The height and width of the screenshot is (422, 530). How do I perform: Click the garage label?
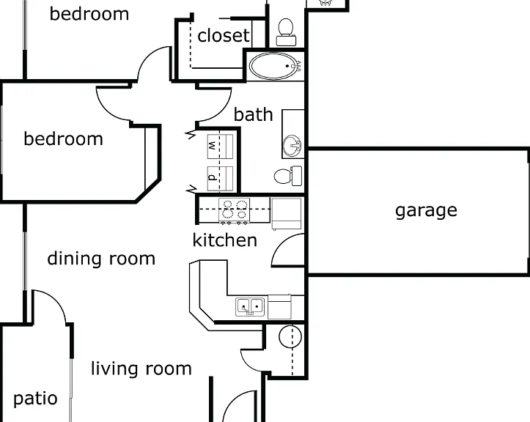pyautogui.click(x=426, y=210)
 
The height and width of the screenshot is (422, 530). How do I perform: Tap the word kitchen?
pyautogui.click(x=225, y=240)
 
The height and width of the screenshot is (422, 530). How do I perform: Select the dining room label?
pyautogui.click(x=101, y=259)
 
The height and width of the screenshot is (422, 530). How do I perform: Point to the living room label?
pyautogui.click(x=141, y=369)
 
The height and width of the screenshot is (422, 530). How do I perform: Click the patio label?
pyautogui.click(x=35, y=399)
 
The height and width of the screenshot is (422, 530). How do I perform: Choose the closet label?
pyautogui.click(x=224, y=35)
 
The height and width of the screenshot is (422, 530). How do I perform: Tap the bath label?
pyautogui.click(x=253, y=114)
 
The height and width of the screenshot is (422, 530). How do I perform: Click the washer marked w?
pyautogui.click(x=220, y=147)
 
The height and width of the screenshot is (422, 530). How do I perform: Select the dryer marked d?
pyautogui.click(x=220, y=178)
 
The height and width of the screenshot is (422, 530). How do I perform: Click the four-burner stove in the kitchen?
pyautogui.click(x=234, y=210)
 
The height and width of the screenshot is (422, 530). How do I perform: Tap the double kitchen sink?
pyautogui.click(x=250, y=307)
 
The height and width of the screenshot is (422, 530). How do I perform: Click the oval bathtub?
pyautogui.click(x=275, y=66)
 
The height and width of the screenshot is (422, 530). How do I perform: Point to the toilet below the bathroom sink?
pyautogui.click(x=288, y=176)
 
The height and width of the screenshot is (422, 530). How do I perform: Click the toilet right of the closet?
pyautogui.click(x=286, y=32)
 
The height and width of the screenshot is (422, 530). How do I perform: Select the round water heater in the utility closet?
pyautogui.click(x=290, y=336)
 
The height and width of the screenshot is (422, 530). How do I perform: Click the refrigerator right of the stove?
pyautogui.click(x=287, y=213)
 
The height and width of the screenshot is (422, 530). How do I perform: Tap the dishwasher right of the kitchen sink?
pyautogui.click(x=279, y=307)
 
